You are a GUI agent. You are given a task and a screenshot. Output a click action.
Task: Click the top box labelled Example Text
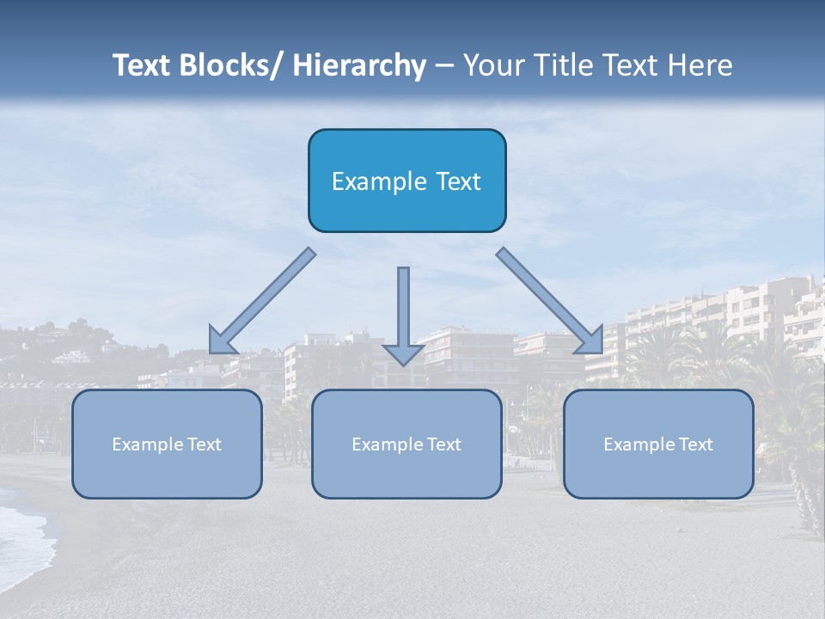[x=406, y=181]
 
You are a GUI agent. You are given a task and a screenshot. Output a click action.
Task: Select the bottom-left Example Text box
[x=167, y=444]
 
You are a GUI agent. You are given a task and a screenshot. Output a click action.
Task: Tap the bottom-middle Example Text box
[x=406, y=444]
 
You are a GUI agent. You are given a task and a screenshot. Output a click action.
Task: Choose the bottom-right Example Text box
[x=658, y=444]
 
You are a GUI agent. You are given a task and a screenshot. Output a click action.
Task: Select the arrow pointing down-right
[x=548, y=300]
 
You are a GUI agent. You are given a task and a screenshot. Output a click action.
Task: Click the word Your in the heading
[x=493, y=65]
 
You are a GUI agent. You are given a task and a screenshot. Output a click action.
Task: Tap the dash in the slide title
[x=443, y=65]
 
